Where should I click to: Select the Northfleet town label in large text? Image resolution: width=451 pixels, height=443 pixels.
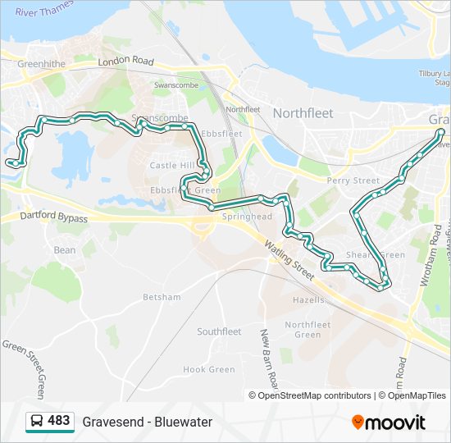click(303, 113)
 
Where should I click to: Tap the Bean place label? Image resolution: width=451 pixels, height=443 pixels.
click(65, 250)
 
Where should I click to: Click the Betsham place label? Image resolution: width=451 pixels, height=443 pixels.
click(161, 296)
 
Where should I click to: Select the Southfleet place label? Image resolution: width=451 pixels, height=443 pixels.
click(219, 331)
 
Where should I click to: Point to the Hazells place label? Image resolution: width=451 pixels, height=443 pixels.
click(309, 300)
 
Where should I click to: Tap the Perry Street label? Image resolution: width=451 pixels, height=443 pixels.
click(353, 180)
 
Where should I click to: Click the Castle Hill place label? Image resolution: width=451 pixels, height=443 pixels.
click(172, 166)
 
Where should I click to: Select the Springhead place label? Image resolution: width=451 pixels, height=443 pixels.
click(241, 217)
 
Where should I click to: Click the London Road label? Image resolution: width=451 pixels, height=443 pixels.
click(125, 62)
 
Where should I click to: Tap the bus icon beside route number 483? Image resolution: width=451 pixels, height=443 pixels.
click(36, 421)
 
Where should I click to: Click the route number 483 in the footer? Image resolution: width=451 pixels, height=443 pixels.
click(59, 421)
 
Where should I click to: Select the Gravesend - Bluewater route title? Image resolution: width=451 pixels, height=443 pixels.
click(148, 422)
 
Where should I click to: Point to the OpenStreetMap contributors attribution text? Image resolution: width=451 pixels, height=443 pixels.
click(314, 395)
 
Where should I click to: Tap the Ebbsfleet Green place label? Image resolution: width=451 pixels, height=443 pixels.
click(185, 190)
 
